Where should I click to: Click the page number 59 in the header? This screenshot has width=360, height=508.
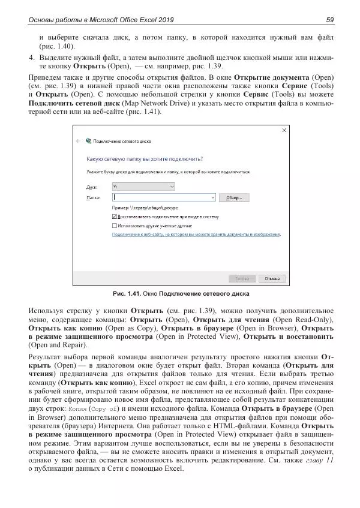click(330, 20)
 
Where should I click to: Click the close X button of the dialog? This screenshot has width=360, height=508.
click(284, 130)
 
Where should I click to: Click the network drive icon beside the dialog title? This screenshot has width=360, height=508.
click(89, 141)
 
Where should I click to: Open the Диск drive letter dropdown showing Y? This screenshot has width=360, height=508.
click(143, 187)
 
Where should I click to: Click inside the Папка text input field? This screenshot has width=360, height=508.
click(163, 197)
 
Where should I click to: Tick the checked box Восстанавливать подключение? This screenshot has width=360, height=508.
click(115, 216)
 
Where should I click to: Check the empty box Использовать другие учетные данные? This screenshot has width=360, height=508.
click(115, 225)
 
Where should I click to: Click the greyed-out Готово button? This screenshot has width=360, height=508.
click(242, 278)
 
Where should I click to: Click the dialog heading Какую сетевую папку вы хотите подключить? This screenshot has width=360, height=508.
click(145, 160)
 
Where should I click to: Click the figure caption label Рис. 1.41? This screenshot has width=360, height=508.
click(127, 294)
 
